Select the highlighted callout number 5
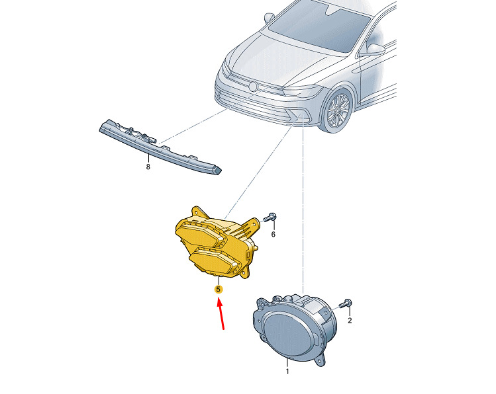(219, 289)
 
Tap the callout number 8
(148, 167)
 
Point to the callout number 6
(273, 234)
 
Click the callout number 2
(350, 321)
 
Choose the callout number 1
(287, 372)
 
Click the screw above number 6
(270, 217)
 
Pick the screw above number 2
(346, 303)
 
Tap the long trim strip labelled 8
(160, 147)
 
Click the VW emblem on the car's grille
(253, 87)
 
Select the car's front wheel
(337, 110)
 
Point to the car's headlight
(302, 91)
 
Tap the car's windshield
(319, 27)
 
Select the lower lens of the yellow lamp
(214, 260)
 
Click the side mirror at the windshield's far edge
(270, 17)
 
